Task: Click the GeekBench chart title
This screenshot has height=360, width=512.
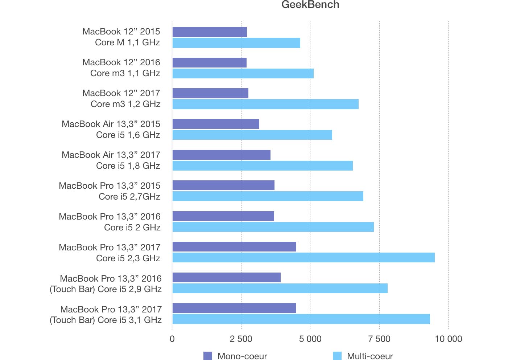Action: coord(310,5)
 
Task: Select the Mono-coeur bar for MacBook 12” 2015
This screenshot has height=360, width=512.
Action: coord(210,32)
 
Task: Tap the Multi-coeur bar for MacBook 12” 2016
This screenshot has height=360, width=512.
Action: coord(243,73)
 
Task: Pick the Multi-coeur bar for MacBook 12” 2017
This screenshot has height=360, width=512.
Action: coord(265,104)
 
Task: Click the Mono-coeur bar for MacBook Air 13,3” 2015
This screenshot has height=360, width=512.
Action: coord(216,124)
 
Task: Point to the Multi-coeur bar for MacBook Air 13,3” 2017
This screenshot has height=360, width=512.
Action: coord(262,166)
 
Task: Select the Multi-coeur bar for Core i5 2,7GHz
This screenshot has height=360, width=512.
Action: coord(268,196)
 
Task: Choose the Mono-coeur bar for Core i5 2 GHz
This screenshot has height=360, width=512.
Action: coord(223,216)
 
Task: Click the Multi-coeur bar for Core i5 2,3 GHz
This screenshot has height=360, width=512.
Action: coord(303,258)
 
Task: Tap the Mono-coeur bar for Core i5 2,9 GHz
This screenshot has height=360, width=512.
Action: coord(226,278)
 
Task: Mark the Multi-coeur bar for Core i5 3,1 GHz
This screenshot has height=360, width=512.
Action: coord(301,319)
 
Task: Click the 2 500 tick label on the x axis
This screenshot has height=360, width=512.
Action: coord(241,339)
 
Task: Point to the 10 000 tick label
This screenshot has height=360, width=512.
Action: coord(449,339)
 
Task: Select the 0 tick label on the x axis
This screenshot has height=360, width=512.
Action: coord(172,339)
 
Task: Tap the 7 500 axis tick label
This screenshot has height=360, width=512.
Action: coord(379,339)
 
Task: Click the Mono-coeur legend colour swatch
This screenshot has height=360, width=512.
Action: coord(208,356)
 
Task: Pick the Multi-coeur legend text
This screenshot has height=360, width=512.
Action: coord(370,356)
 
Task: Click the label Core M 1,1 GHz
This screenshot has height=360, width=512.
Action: coord(127,42)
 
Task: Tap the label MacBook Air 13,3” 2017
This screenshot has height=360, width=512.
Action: coord(111,155)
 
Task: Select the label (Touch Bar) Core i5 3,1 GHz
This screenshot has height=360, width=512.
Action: coord(106,320)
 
